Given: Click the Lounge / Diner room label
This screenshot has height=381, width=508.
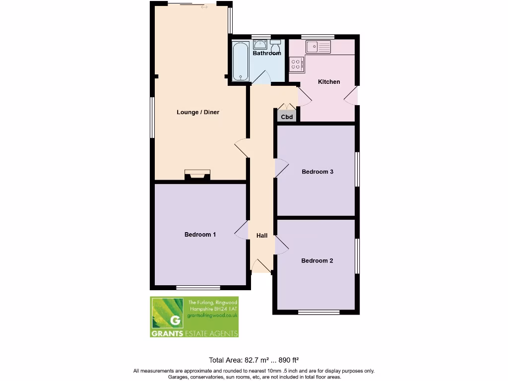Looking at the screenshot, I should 198,112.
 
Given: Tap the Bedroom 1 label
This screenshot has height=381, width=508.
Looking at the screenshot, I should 200,235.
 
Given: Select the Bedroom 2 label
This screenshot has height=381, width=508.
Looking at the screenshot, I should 317,260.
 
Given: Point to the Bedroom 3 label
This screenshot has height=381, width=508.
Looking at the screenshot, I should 317,172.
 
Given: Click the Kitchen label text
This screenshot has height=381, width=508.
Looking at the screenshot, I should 329,82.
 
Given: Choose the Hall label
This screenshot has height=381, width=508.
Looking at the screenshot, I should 262,236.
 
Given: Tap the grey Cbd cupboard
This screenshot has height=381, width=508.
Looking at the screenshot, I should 287,117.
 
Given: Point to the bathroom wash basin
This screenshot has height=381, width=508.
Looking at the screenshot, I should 260,45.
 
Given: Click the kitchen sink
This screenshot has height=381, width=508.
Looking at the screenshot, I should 318,47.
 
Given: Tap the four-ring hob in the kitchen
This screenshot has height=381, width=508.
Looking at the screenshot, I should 297,63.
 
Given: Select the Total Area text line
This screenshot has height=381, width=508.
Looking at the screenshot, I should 254,360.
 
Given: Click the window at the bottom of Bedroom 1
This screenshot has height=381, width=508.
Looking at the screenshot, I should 198,287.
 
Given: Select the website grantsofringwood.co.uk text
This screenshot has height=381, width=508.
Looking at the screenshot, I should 213,315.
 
